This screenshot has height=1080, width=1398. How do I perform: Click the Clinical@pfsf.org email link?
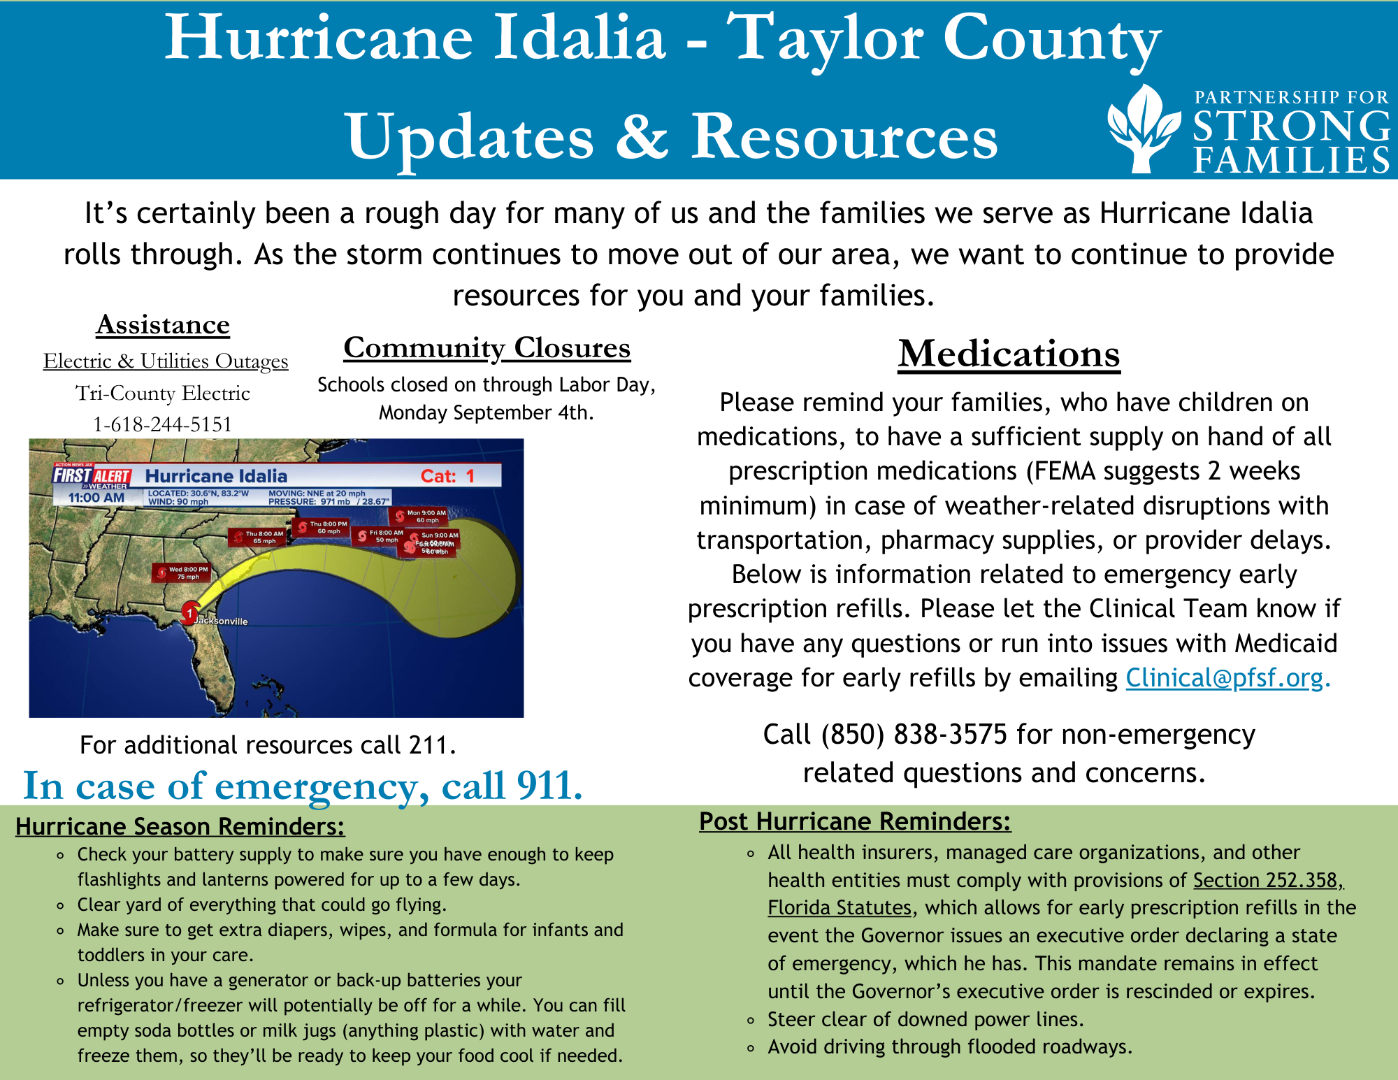click(1224, 678)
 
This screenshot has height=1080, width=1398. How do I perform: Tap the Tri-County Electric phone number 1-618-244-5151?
click(162, 424)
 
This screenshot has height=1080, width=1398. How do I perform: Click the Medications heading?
click(1009, 354)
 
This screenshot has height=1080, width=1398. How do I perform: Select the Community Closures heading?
click(487, 347)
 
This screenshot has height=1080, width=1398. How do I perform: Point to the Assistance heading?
click(163, 325)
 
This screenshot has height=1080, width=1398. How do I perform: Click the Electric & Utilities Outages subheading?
click(166, 361)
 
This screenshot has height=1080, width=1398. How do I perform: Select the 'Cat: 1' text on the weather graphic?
click(447, 476)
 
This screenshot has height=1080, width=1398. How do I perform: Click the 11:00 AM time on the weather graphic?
click(96, 498)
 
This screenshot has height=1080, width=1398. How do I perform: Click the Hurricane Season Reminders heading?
click(180, 826)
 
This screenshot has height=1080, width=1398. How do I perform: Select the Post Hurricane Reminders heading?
click(854, 821)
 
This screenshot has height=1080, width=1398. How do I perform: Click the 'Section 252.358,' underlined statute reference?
click(1267, 880)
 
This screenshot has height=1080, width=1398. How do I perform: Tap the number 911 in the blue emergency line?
click(549, 786)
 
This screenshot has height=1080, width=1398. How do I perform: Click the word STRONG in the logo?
click(1291, 127)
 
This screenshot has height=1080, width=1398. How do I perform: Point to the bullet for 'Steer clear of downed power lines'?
click(751, 1021)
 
